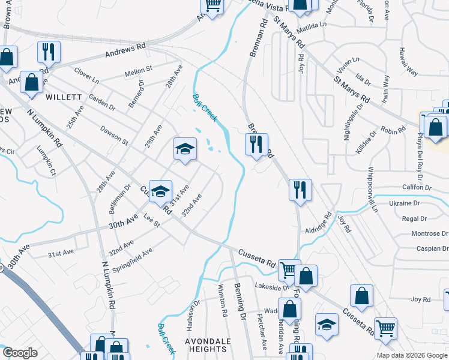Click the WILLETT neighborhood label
(x=62, y=97)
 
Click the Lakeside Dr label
(x=271, y=287)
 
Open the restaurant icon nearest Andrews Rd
(x=48, y=52)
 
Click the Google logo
(x=20, y=353)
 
